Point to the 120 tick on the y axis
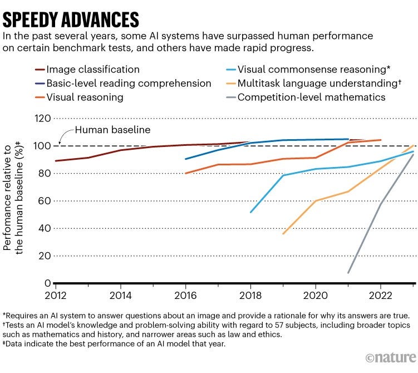42,119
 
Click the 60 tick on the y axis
45,201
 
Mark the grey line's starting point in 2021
348,273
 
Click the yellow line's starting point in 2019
283,234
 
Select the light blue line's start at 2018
251,212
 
